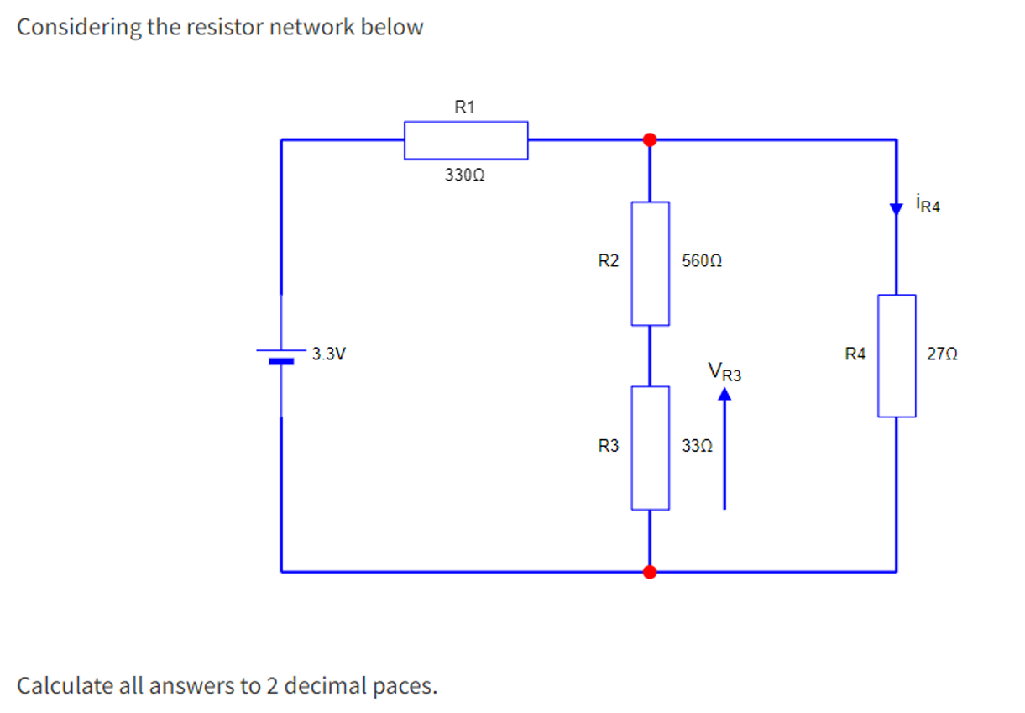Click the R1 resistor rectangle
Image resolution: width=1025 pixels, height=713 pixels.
466,140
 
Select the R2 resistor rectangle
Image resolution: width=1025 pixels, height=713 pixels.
651,264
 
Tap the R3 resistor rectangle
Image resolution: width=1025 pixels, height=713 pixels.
651,448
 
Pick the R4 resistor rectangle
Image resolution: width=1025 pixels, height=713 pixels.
897,356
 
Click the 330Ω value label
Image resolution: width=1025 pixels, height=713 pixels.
465,175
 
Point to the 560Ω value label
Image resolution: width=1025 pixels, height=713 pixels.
702,261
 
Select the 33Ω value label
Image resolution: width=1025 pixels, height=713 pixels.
698,446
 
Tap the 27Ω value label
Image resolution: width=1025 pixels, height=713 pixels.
942,354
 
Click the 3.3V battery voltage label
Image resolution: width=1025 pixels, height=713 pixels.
329,354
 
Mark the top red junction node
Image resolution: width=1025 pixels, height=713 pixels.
650,139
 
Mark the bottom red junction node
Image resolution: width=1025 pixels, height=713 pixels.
650,572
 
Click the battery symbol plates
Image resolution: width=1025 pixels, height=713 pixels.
281,357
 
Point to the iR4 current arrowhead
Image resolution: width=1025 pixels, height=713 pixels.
896,209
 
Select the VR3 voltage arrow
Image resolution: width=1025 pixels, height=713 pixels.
724,448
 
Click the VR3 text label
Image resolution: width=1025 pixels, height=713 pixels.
724,371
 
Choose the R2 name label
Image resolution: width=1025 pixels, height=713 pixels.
609,261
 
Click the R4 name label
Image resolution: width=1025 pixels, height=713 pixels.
855,354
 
